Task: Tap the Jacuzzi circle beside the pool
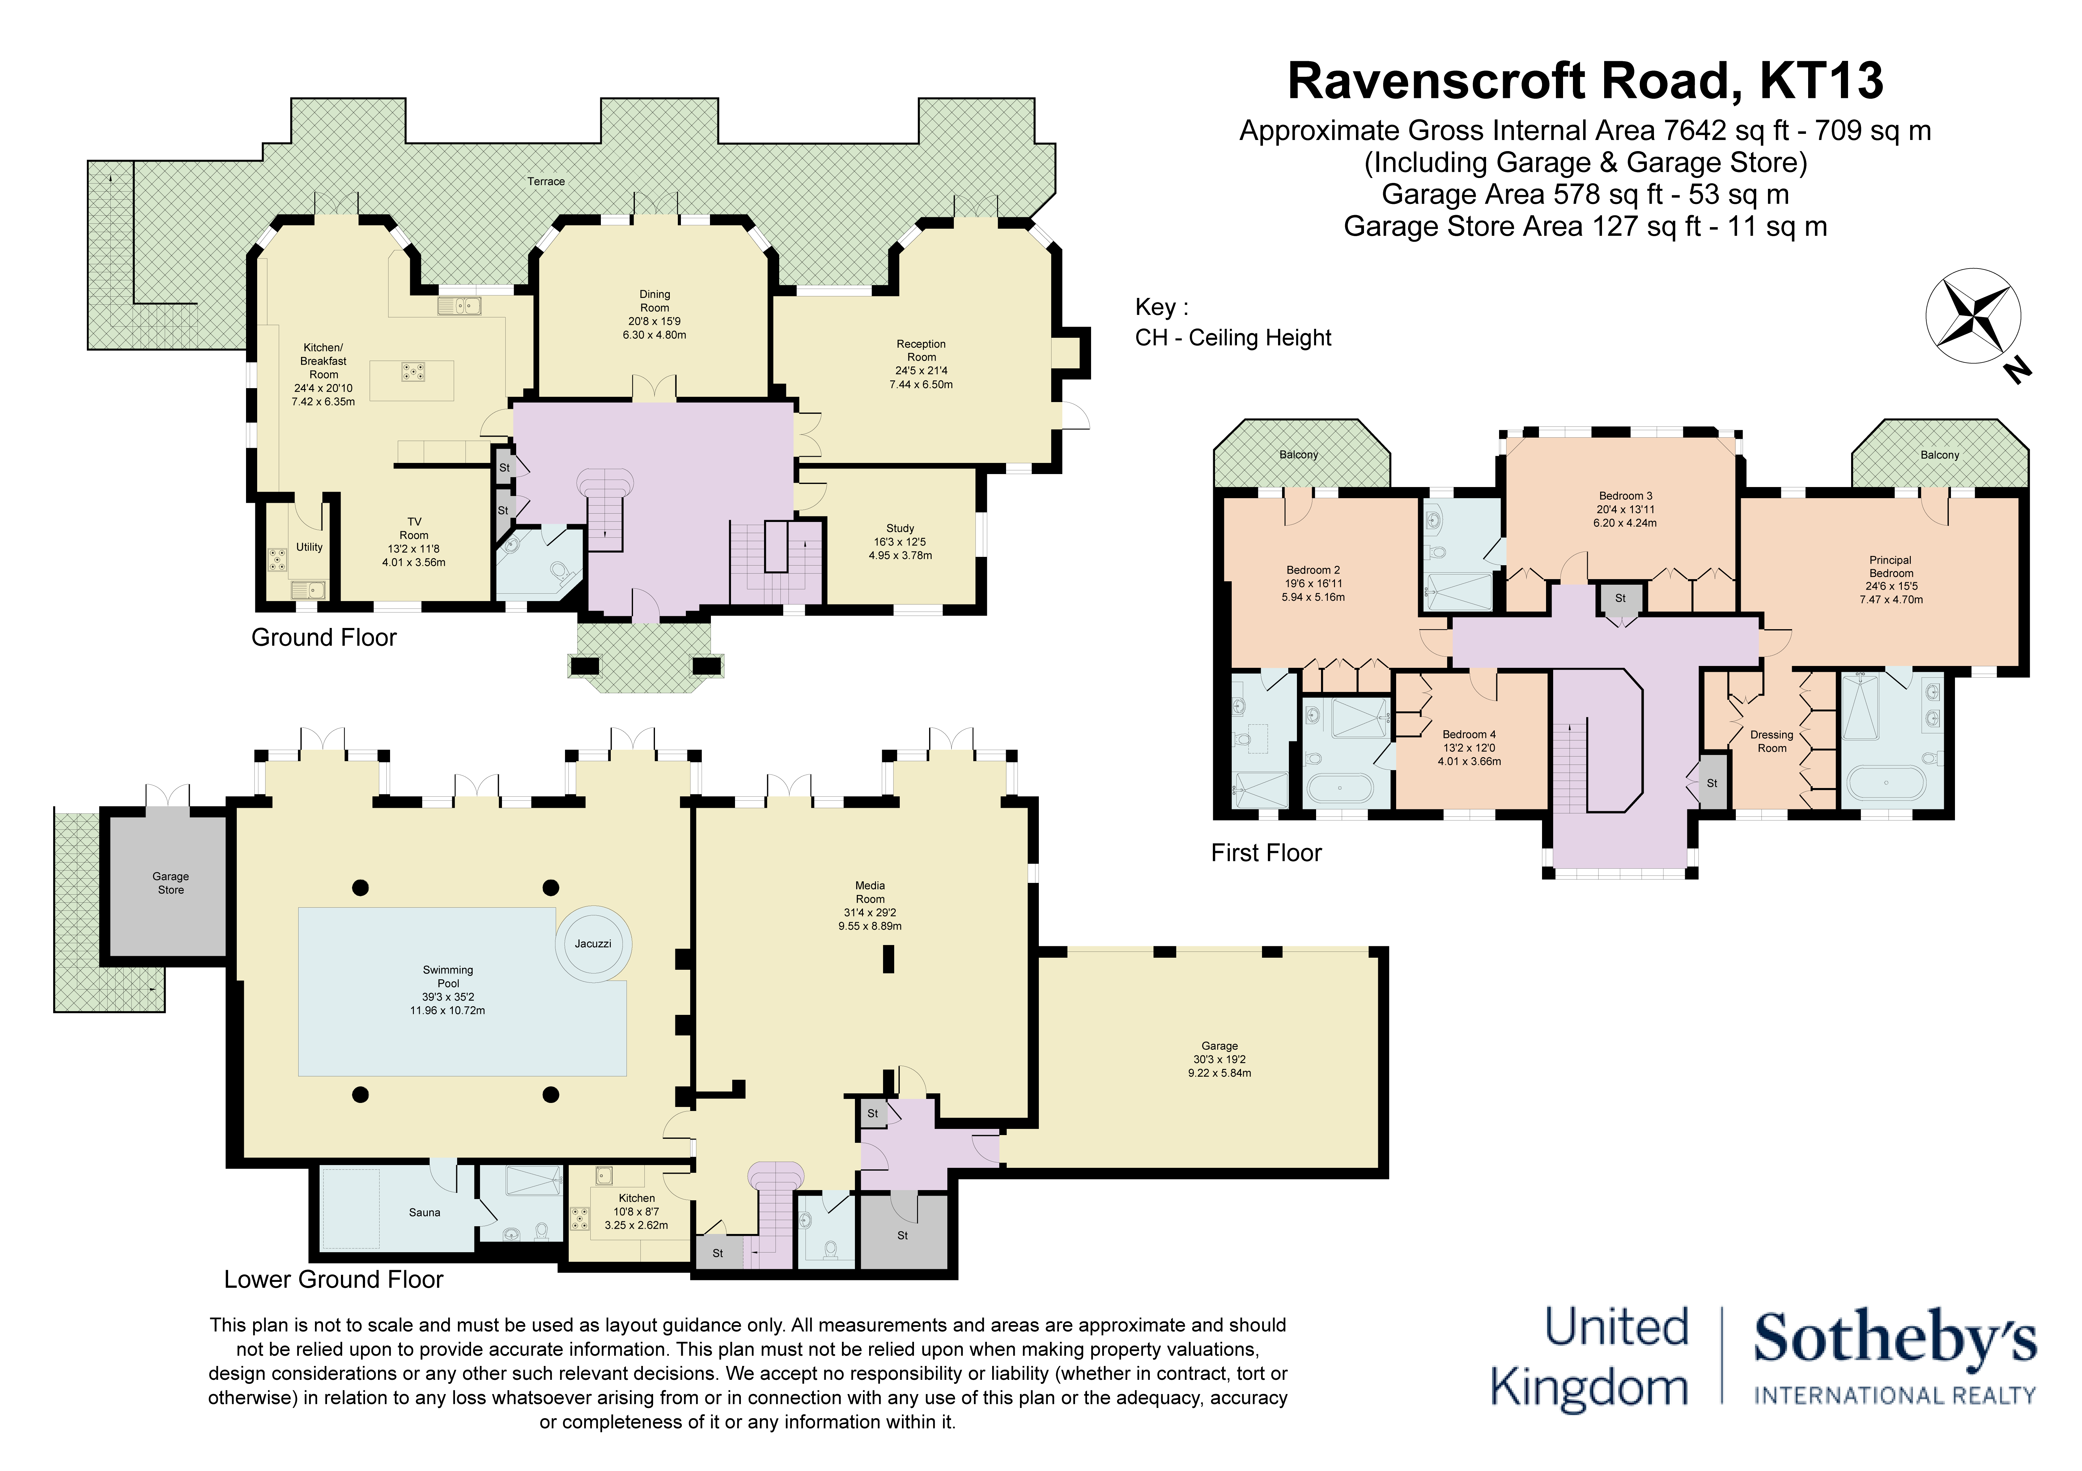coord(593,943)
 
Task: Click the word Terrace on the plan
coord(546,181)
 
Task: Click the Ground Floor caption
coord(324,638)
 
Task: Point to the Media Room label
coord(870,892)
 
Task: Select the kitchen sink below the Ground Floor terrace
coord(460,307)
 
